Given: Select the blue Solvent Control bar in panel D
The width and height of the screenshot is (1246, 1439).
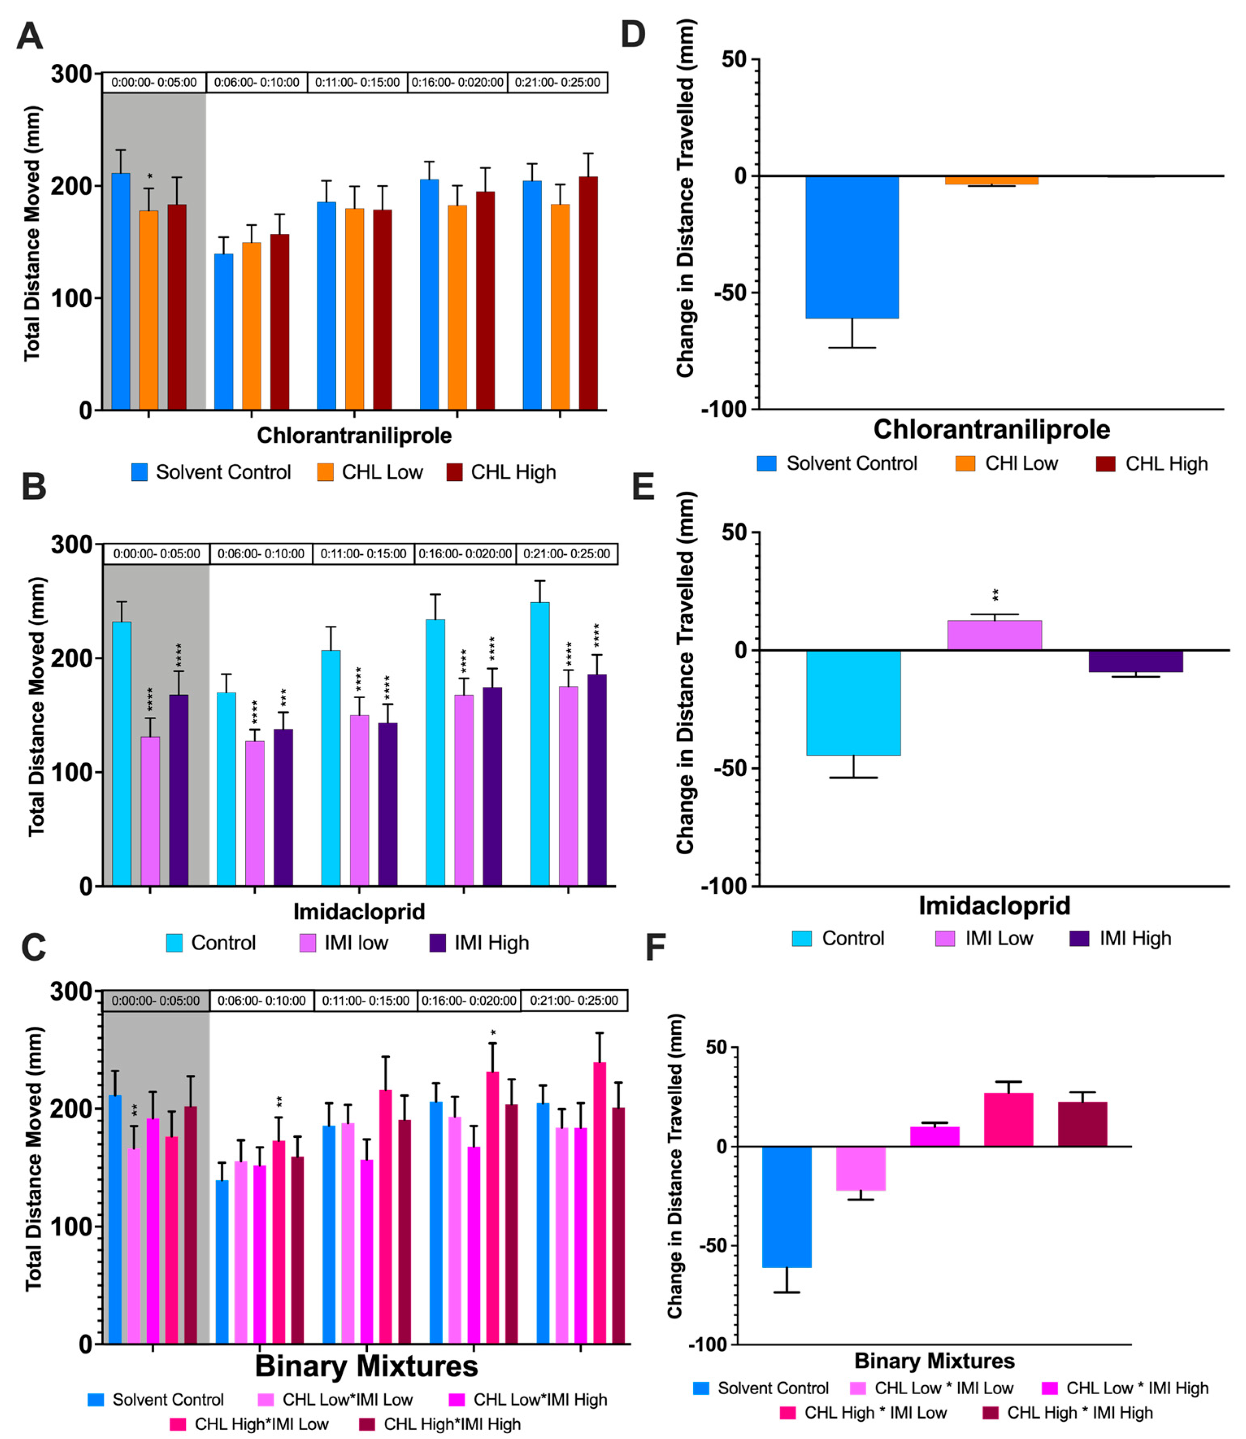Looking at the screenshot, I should pyautogui.click(x=852, y=247).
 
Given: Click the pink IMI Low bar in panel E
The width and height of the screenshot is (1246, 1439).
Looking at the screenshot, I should pyautogui.click(x=994, y=635).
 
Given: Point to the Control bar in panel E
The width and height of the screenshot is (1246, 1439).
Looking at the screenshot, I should pyautogui.click(x=853, y=703).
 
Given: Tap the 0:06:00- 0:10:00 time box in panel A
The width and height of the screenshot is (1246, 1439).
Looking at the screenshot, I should pyautogui.click(x=256, y=82).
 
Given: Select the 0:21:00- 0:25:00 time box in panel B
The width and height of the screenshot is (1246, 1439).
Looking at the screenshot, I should pyautogui.click(x=567, y=554).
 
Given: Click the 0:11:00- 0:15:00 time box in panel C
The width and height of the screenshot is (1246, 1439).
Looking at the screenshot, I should pyautogui.click(x=365, y=1000).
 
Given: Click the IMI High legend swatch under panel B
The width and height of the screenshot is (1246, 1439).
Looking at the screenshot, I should pyautogui.click(x=437, y=943).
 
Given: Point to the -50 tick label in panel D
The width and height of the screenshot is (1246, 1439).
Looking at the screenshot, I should pyautogui.click(x=730, y=293).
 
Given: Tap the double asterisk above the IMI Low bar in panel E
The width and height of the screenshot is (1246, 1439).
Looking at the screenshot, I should pyautogui.click(x=996, y=595).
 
